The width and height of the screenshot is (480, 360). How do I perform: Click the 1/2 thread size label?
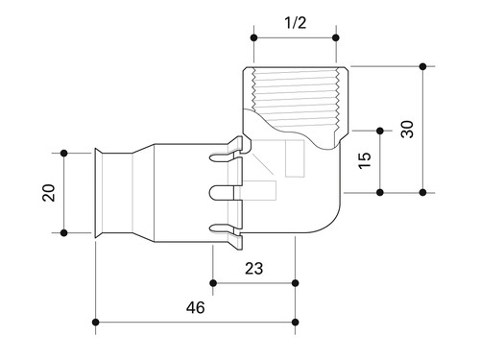click(295, 23)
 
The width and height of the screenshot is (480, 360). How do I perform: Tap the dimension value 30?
click(407, 129)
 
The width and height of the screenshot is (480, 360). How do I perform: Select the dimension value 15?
click(365, 160)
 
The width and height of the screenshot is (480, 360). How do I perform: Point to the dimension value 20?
click(49, 192)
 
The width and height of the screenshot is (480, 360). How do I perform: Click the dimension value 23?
click(253, 269)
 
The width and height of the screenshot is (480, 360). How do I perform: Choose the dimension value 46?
click(195, 307)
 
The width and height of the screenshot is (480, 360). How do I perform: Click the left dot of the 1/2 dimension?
click(254, 37)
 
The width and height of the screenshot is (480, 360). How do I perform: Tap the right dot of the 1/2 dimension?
click(336, 37)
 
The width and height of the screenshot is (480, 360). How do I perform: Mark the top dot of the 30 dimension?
click(423, 66)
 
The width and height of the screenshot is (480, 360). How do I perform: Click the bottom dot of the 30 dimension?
click(423, 192)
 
